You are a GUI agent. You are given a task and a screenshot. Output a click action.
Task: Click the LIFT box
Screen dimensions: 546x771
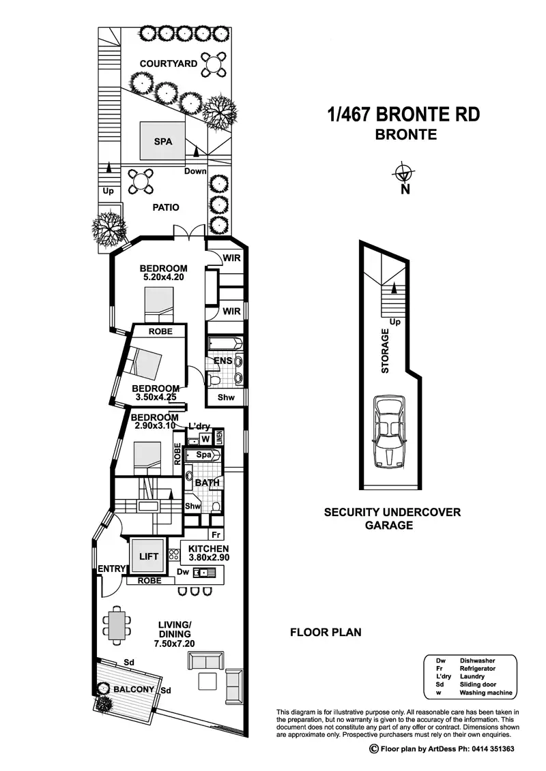148,556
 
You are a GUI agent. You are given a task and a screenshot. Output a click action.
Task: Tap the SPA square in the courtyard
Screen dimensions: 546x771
162,142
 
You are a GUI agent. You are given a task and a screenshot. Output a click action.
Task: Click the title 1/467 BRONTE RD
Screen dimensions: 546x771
403,114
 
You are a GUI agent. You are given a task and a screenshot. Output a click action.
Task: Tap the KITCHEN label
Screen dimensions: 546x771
210,549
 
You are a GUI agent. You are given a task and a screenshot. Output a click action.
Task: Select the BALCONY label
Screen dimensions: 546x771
134,689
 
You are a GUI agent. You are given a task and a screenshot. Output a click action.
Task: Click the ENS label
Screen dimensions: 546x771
220,361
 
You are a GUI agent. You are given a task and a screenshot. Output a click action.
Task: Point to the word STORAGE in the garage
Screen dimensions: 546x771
385,351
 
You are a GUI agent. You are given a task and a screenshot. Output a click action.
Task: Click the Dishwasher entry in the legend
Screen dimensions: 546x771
477,661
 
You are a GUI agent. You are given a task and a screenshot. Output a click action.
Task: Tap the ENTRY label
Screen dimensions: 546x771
111,569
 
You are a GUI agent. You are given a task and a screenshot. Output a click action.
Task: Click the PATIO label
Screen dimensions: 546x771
166,207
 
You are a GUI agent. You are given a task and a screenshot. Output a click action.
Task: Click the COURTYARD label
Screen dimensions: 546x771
169,63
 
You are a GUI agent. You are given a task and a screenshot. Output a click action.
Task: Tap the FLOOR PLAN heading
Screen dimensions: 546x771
326,632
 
